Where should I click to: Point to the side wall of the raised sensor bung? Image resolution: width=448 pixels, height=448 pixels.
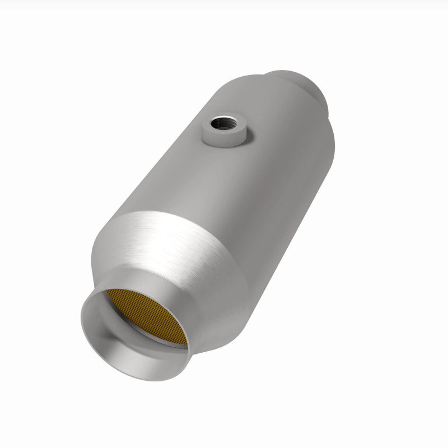coord(216,137)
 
